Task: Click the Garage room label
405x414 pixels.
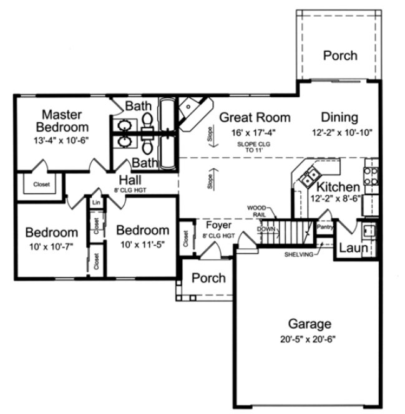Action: [310, 324]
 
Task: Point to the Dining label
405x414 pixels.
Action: [339, 117]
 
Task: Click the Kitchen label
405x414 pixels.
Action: [338, 187]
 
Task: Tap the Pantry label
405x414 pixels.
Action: [325, 227]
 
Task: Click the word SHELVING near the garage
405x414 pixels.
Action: [298, 254]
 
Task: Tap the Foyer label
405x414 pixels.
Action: [218, 224]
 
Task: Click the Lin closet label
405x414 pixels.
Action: [96, 203]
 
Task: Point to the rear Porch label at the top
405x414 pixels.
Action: [340, 55]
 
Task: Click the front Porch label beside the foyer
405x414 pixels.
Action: [208, 277]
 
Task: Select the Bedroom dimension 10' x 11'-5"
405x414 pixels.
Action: [142, 245]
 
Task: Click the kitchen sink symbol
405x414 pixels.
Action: [308, 178]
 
